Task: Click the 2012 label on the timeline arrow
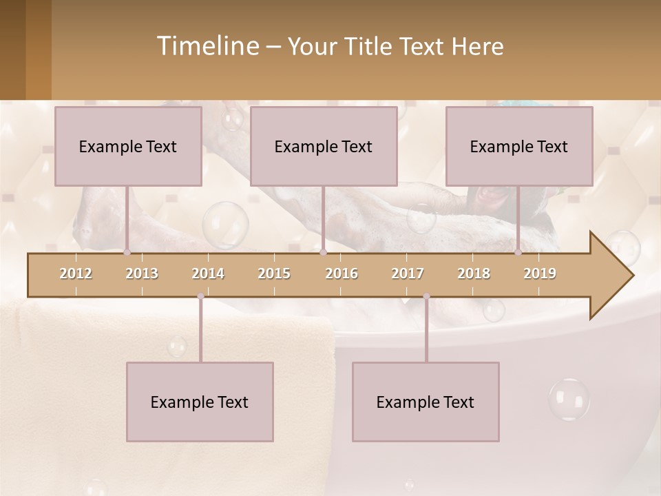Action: point(76,274)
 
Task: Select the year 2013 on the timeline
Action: point(142,274)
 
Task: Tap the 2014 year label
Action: point(208,274)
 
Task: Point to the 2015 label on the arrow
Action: point(274,274)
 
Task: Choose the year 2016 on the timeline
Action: point(342,274)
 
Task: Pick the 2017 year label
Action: point(408,274)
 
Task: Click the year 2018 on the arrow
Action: point(474,274)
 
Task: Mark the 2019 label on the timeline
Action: point(540,274)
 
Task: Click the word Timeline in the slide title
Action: point(207,46)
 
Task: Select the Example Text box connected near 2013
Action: point(128,147)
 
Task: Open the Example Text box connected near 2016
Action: point(324,147)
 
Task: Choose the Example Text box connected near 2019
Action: point(519,147)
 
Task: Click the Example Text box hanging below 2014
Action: point(200,402)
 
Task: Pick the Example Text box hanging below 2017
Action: point(426,402)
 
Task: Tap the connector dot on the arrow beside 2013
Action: point(127,252)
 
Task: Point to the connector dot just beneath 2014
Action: point(200,296)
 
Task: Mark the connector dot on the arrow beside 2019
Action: point(518,252)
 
